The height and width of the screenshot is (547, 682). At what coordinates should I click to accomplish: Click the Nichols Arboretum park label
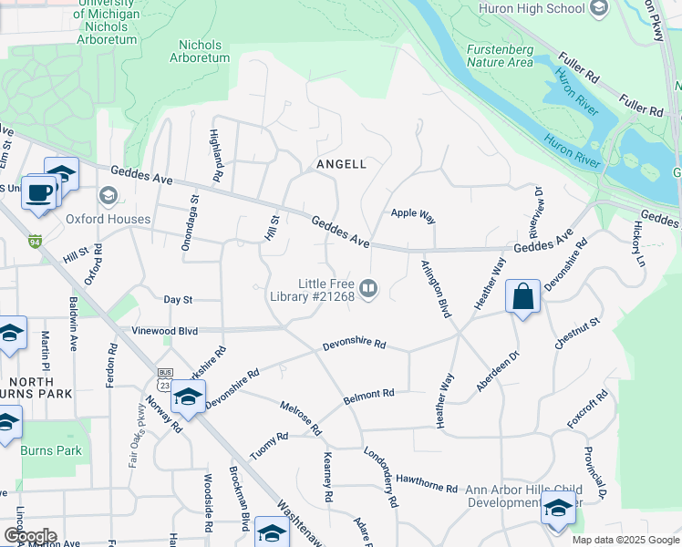coord(200,50)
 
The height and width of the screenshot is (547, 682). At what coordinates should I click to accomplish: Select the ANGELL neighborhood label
coord(340,164)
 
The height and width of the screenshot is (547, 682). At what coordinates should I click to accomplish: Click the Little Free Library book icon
coord(368,289)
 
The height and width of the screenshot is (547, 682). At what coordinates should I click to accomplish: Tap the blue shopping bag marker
coord(522,297)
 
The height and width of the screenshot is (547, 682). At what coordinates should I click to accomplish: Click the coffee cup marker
coord(39,193)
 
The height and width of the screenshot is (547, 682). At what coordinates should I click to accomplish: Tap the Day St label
coord(178,299)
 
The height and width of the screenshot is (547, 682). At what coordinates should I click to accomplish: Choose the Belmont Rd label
coord(368,397)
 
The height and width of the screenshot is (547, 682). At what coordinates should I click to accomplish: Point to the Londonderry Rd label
coord(380,477)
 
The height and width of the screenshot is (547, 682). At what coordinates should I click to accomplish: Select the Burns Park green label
coord(53,450)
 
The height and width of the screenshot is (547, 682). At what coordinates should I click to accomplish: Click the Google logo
coord(30,536)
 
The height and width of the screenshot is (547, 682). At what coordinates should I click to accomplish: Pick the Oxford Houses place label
coord(108,219)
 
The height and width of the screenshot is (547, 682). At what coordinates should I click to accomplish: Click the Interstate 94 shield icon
coord(35,242)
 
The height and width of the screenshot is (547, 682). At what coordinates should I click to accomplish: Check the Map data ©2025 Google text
coord(625,540)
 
